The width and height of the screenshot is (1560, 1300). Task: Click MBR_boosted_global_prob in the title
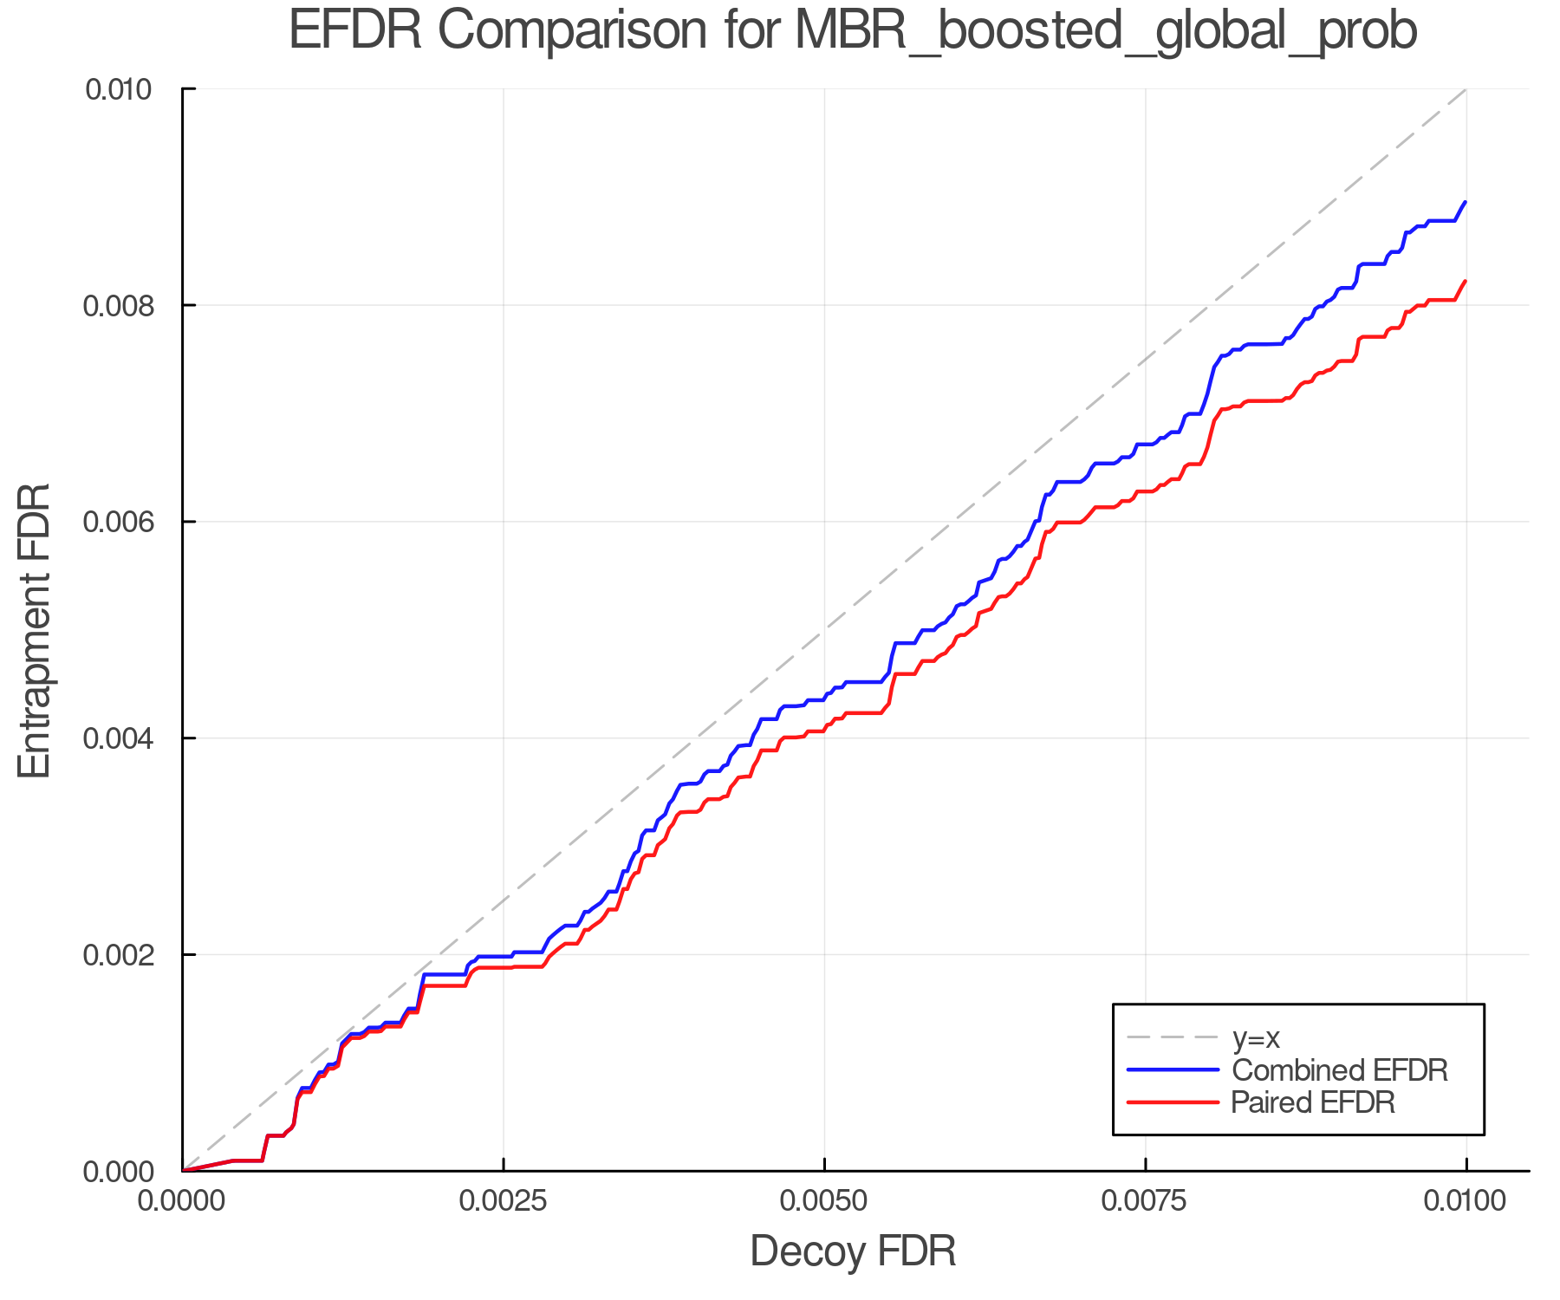point(1105,32)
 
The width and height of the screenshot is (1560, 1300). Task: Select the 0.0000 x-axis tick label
point(182,1201)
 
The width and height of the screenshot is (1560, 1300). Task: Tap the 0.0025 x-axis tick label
point(504,1201)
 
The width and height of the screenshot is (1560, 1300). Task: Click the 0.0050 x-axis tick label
point(824,1201)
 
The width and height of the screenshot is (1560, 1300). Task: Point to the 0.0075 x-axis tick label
point(1146,1201)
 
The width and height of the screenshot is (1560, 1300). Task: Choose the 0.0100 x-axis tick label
point(1466,1201)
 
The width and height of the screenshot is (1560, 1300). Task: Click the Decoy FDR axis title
point(853,1251)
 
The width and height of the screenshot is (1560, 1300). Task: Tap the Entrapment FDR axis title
point(36,630)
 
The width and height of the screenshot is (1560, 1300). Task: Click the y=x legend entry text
point(1256,1037)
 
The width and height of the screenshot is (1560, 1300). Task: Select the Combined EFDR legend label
point(1340,1070)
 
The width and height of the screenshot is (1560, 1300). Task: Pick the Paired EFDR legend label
point(1313,1102)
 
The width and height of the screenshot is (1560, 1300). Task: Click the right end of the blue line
point(1466,202)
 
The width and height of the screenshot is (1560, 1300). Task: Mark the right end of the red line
point(1466,281)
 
